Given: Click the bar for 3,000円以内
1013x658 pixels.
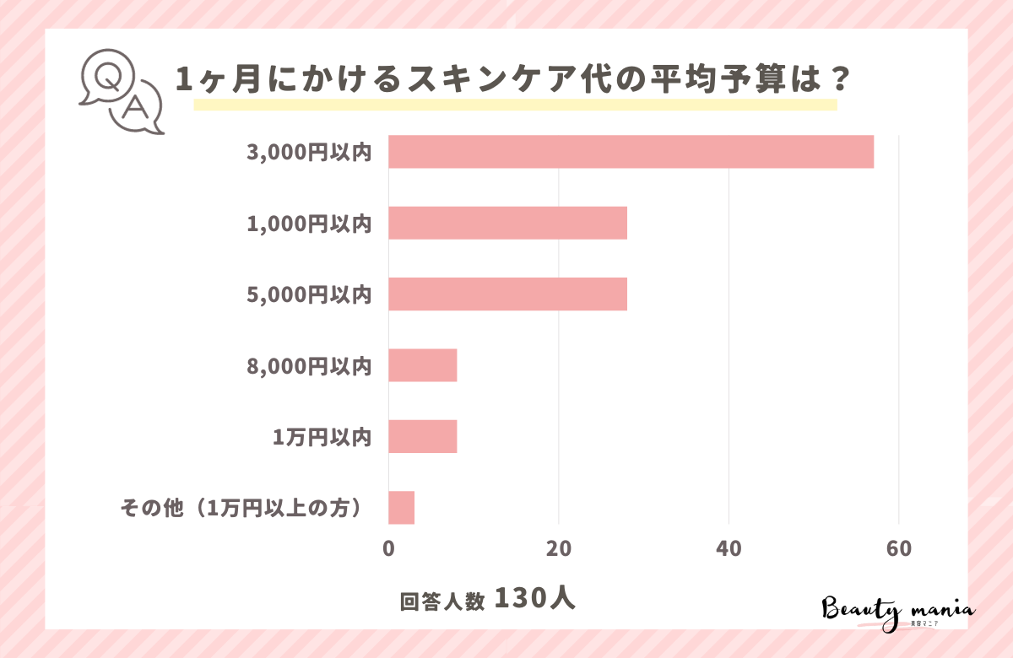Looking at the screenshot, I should click(631, 152).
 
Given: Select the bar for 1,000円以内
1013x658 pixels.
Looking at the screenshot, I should click(507, 223).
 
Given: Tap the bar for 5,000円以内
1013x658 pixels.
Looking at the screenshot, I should click(507, 294).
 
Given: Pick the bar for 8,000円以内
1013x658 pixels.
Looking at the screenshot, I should click(422, 365).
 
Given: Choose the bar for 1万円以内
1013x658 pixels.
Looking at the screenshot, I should click(422, 436).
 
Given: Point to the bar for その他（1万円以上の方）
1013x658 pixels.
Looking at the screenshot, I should click(401, 508).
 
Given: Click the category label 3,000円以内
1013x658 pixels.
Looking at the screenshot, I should click(309, 152).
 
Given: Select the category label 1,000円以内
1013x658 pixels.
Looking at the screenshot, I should click(309, 224).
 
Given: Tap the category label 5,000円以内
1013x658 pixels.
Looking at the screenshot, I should click(309, 294).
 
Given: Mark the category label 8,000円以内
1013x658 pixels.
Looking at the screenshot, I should click(309, 366).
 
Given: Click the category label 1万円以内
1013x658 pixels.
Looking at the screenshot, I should click(322, 437).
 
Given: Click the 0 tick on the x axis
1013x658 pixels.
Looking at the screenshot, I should click(388, 548).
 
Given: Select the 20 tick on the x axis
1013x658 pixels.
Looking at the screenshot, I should click(558, 548).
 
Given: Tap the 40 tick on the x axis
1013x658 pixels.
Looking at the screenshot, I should click(729, 548).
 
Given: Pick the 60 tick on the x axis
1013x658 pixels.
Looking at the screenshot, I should click(898, 548).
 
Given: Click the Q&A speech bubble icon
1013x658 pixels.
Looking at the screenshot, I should click(121, 92).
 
